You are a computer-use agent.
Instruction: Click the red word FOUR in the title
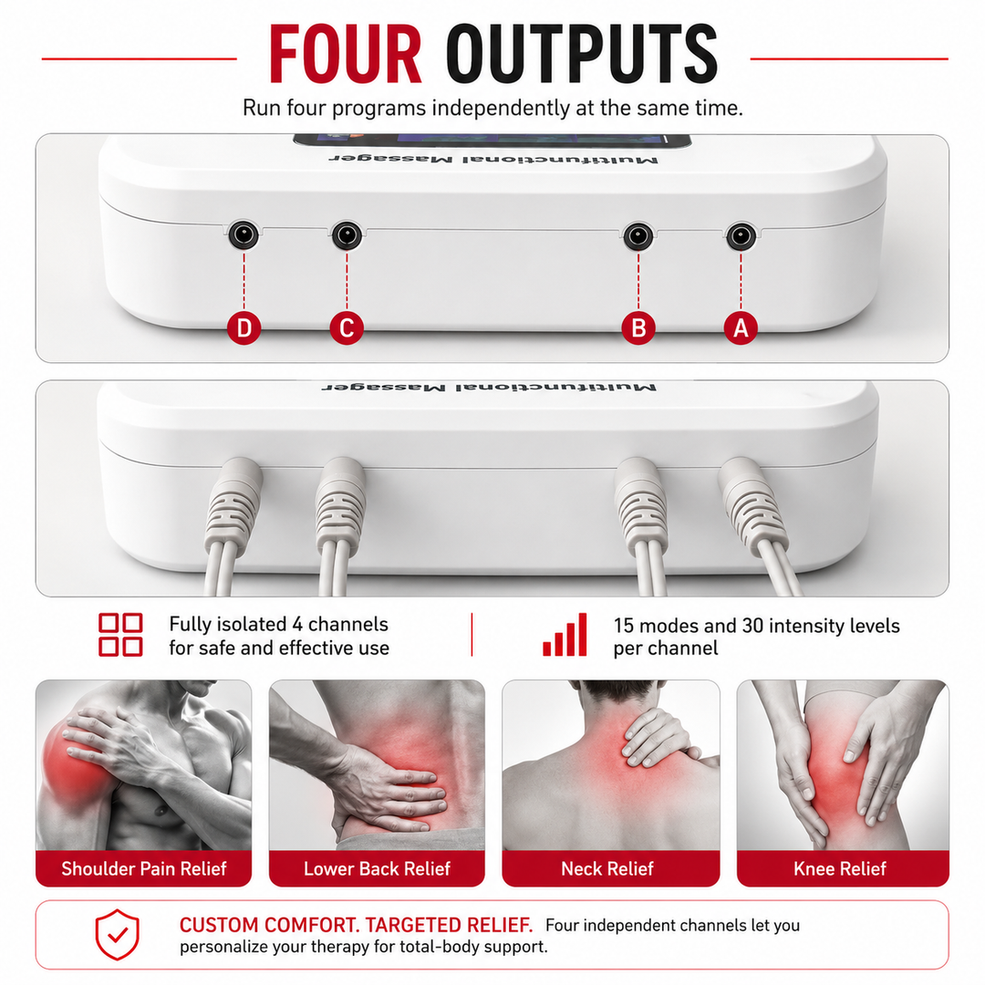(345, 54)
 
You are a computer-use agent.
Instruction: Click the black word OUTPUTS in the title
(582, 54)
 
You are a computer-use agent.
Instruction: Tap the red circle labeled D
(244, 328)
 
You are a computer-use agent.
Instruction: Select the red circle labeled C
(347, 328)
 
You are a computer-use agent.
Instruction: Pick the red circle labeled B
(638, 328)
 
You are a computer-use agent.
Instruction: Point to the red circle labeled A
(741, 328)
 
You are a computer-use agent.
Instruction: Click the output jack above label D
(244, 235)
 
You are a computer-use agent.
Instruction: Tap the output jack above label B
(638, 236)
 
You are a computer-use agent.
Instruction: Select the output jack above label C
(347, 235)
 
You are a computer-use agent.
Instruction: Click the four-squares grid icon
(120, 635)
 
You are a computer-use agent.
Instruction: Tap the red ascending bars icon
(565, 635)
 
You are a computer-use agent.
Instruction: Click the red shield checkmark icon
(118, 935)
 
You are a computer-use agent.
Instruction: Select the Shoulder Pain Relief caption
(144, 869)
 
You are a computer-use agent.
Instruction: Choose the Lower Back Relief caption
(377, 869)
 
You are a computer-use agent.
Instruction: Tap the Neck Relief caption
(607, 869)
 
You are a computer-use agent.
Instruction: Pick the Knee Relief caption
(840, 869)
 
